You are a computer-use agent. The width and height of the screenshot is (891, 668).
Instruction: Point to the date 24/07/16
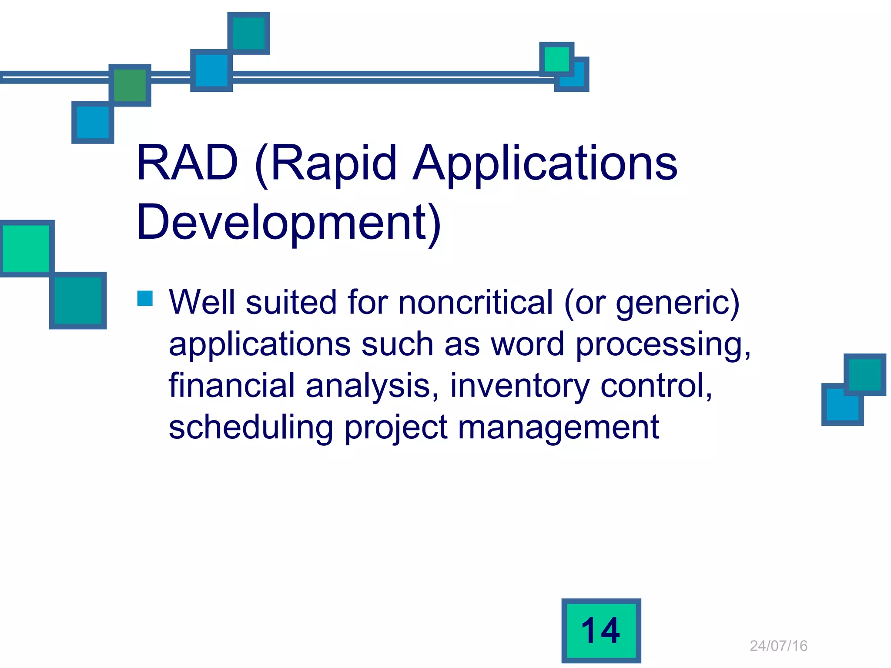pos(778,646)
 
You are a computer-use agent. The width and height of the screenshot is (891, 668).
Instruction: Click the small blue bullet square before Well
pos(145,298)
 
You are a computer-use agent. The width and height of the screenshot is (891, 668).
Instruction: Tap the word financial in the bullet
pos(231,385)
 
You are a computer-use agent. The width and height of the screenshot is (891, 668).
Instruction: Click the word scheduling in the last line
pos(251,428)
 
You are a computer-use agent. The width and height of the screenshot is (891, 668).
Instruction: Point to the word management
pos(559,428)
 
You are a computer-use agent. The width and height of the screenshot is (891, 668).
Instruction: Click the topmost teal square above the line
pos(249,33)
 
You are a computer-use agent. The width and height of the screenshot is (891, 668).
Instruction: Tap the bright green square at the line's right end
pos(556,59)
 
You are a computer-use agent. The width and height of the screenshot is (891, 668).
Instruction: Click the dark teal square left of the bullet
pos(78,301)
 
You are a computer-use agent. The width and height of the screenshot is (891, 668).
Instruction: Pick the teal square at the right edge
pos(865,374)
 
